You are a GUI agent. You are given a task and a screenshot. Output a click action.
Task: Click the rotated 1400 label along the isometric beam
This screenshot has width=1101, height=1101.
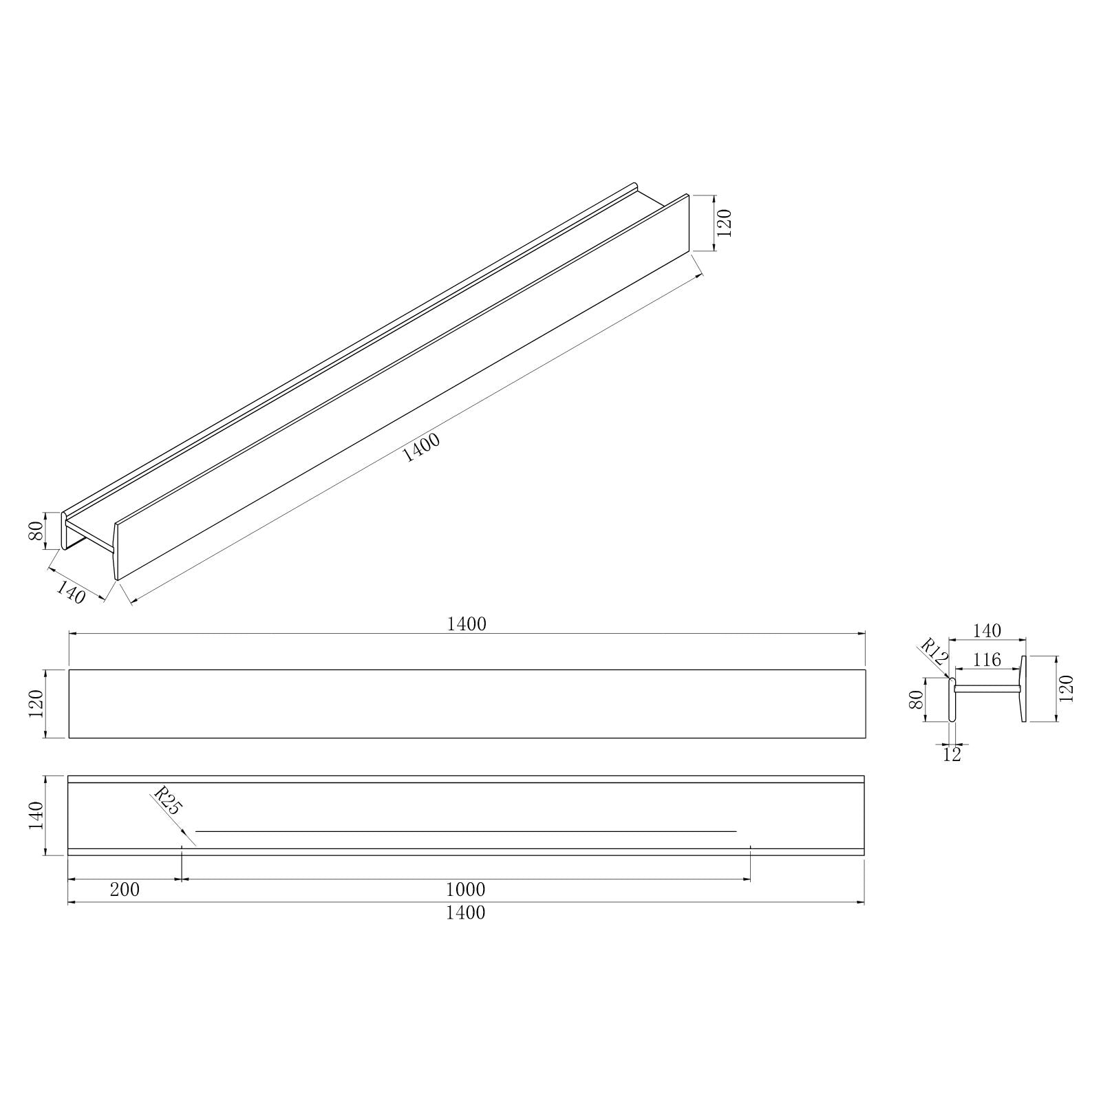coord(420,447)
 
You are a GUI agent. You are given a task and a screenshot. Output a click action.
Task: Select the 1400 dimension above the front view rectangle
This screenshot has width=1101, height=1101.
coord(467,624)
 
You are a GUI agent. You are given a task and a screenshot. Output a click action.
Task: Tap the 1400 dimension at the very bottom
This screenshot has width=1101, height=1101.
coord(467,912)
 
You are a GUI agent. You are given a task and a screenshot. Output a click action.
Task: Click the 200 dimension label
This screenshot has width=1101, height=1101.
coord(125,890)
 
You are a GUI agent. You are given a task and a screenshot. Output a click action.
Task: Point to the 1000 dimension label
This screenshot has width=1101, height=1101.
coord(466,890)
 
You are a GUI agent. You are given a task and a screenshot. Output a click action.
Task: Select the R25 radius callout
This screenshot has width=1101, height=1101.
coord(166,801)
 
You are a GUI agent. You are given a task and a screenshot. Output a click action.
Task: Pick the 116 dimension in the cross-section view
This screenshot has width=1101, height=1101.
coord(987,661)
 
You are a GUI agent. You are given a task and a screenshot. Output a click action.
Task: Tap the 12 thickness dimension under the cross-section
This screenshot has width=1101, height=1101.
coord(952,755)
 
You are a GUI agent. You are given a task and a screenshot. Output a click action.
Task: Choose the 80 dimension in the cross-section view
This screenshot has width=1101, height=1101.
coord(916,701)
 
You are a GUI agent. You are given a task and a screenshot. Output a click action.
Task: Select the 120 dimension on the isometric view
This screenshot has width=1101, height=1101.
coord(725,222)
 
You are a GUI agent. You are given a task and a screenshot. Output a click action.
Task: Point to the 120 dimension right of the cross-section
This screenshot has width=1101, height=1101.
coord(1067,689)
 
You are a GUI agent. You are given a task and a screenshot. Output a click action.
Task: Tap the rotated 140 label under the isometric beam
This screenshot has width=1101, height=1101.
coord(71,592)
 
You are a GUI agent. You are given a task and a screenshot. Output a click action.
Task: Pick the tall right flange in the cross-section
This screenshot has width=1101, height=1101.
coord(1023,689)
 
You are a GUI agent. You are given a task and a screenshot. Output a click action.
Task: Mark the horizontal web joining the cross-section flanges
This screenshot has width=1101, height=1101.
coord(987,687)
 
